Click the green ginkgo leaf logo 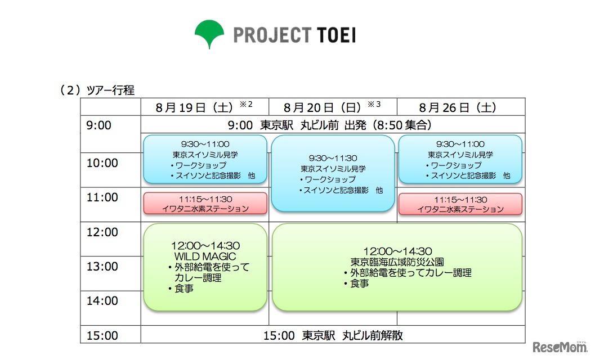click(209, 33)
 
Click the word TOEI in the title click(336, 35)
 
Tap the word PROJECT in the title click(272, 35)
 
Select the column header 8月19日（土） click(194, 108)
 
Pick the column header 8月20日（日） click(322, 108)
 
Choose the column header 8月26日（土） click(458, 108)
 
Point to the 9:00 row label click(99, 125)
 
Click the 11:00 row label click(102, 197)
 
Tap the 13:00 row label click(102, 266)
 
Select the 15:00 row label click(102, 335)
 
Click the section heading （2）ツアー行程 click(97, 91)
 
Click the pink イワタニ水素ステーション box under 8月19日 click(205, 204)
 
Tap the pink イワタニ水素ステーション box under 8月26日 click(460, 204)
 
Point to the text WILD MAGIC click(205, 256)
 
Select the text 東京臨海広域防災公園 click(397, 262)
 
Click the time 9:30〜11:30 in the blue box click(333, 158)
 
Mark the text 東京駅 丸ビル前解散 click(352, 335)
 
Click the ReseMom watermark click(560, 346)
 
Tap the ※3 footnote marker click(374, 103)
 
